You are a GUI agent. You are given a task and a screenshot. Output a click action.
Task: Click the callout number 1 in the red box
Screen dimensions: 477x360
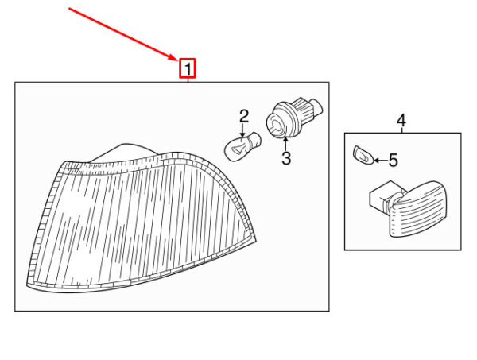[188, 69]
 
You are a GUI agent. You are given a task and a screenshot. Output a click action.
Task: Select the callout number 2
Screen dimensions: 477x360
[244, 117]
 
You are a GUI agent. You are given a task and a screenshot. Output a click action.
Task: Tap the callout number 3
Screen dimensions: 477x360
[286, 158]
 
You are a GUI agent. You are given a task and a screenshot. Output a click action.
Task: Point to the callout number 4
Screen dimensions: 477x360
[401, 121]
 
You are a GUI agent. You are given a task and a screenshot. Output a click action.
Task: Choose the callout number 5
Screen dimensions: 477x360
[393, 160]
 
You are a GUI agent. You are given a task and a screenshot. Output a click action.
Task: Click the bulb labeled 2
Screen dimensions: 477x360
[242, 146]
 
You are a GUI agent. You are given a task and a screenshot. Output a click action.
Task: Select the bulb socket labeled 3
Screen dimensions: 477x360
[294, 118]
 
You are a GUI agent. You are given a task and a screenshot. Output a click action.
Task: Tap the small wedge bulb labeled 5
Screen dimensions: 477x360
[363, 155]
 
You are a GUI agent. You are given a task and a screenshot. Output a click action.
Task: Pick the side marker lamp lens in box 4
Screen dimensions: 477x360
[418, 209]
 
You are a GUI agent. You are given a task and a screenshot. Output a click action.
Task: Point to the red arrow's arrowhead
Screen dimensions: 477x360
[173, 56]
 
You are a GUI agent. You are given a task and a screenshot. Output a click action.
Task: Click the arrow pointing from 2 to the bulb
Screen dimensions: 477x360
[242, 131]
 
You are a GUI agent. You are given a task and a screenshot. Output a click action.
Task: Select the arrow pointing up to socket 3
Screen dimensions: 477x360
[285, 144]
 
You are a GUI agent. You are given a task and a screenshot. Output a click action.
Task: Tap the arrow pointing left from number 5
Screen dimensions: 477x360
[380, 161]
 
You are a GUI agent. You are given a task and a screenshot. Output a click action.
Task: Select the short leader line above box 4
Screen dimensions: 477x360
[401, 130]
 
